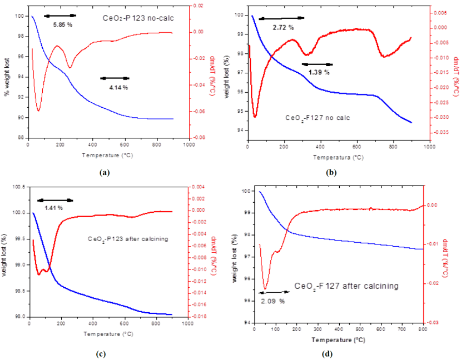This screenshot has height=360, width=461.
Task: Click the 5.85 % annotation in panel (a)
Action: (62, 25)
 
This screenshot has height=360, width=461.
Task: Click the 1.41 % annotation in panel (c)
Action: (54, 208)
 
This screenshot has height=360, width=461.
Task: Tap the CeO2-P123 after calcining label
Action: (128, 238)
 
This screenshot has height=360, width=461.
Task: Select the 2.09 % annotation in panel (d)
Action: (272, 301)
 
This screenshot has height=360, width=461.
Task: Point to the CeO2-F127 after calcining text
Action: (346, 286)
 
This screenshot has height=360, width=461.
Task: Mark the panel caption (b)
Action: (332, 173)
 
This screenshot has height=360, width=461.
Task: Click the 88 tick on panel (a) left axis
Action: (20, 137)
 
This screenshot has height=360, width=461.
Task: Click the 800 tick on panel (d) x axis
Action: (422, 329)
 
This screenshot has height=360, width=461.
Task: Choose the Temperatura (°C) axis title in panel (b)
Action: (338, 157)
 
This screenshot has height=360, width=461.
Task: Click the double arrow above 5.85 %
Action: (60, 16)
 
